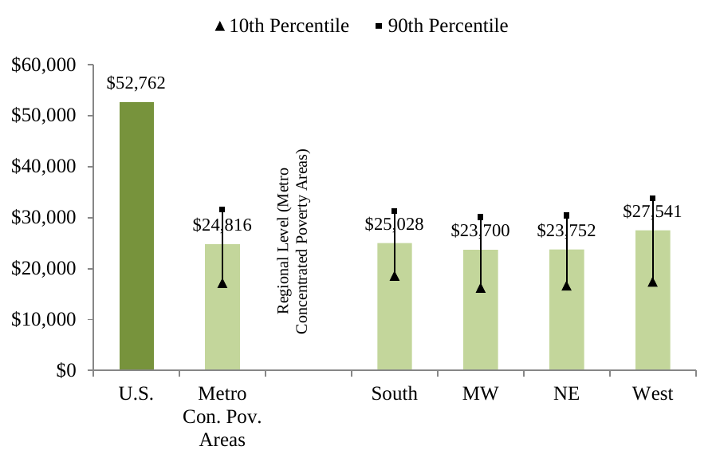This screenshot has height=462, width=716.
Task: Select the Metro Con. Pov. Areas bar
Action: [222, 319]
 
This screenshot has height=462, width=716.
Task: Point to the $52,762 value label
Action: [136, 83]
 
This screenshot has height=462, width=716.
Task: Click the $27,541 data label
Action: [653, 212]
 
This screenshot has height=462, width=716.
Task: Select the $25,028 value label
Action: [394, 224]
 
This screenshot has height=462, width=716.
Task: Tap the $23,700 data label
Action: [480, 231]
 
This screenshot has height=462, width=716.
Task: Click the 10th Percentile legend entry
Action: [281, 26]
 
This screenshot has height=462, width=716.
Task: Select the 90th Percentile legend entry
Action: [441, 26]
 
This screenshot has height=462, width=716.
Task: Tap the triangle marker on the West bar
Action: [652, 282]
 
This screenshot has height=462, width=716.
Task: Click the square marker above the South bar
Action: [395, 211]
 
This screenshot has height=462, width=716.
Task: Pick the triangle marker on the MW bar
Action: [481, 288]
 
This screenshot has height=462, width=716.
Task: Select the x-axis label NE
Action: [567, 394]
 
